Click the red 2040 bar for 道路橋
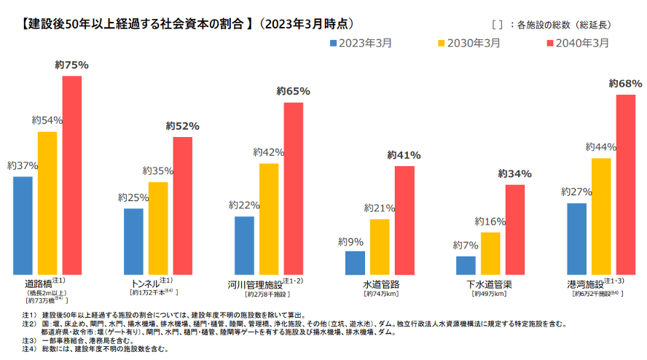click(x=71, y=175)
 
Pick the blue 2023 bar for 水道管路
click(x=355, y=262)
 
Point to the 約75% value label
click(x=71, y=65)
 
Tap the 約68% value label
click(x=626, y=84)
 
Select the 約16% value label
click(x=490, y=222)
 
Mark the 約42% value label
click(x=268, y=152)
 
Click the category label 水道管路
click(x=380, y=283)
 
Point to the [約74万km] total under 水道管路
click(x=380, y=294)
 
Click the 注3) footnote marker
click(x=28, y=340)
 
